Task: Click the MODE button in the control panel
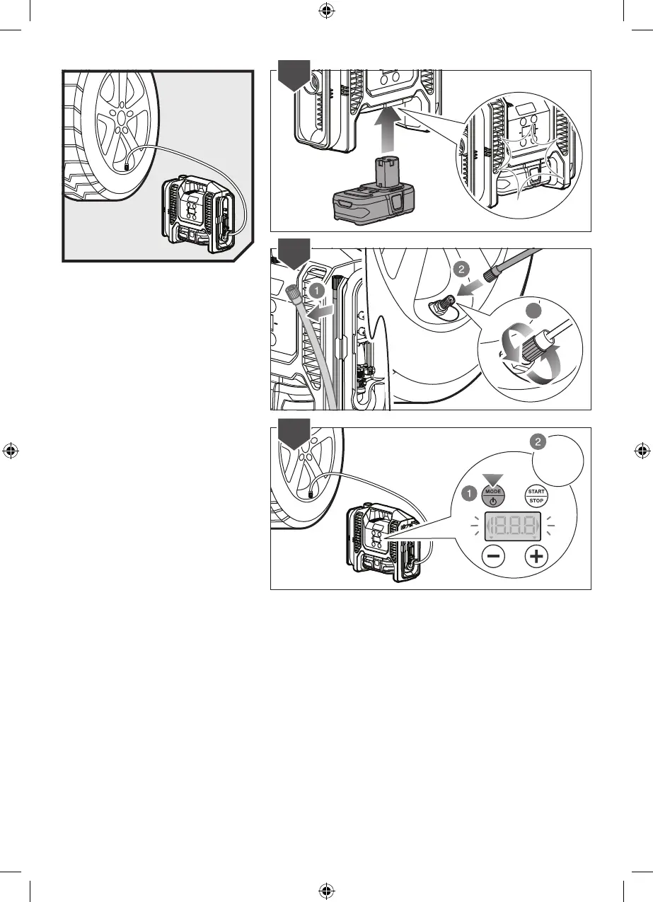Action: (x=492, y=495)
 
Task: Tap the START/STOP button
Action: (x=536, y=495)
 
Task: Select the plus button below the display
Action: (x=537, y=557)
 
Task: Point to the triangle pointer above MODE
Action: (x=492, y=480)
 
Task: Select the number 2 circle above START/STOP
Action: (x=538, y=441)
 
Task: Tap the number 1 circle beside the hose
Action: (x=318, y=289)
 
